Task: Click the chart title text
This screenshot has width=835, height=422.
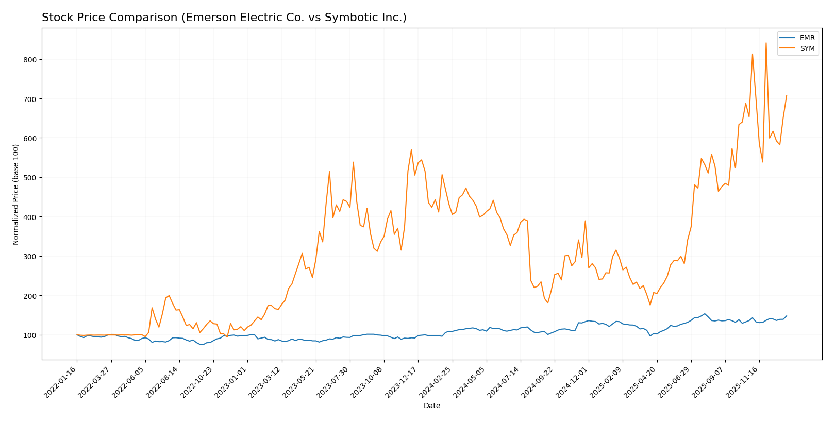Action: tap(224, 18)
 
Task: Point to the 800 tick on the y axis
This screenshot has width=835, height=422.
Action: tap(30, 60)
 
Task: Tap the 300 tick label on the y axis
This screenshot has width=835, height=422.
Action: tap(30, 257)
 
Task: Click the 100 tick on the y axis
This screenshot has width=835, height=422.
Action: tap(30, 335)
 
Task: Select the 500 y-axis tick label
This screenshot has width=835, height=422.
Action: tap(30, 178)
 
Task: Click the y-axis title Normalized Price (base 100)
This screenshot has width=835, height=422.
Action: tap(16, 194)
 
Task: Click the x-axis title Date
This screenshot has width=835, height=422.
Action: tap(431, 406)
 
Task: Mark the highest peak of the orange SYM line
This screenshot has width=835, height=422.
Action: tap(766, 43)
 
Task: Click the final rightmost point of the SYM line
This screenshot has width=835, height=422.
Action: tap(787, 95)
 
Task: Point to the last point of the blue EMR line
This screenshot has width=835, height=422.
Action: tap(787, 316)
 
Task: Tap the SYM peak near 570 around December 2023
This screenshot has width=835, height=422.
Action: tap(411, 150)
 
